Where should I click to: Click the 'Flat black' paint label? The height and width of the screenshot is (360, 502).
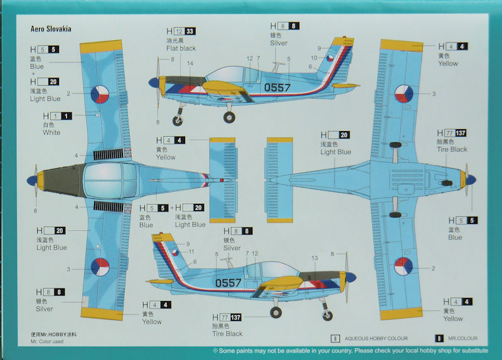coord(181,48)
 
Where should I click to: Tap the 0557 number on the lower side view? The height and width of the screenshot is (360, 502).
coord(228,283)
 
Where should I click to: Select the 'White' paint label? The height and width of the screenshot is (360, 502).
coord(51,132)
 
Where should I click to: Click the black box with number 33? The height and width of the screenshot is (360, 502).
coord(190,31)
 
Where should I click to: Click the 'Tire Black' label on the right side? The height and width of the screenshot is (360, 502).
coord(452,149)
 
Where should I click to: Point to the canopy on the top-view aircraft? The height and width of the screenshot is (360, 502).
coord(110,181)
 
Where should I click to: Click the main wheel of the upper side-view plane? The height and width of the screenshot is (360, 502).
coord(230,117)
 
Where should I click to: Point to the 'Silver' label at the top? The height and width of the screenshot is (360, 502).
coord(279,43)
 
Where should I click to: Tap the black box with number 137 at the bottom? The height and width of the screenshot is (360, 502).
coord(236,317)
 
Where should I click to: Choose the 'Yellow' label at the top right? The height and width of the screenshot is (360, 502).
coord(448,63)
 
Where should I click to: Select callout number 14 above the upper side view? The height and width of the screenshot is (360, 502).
coord(190,63)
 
